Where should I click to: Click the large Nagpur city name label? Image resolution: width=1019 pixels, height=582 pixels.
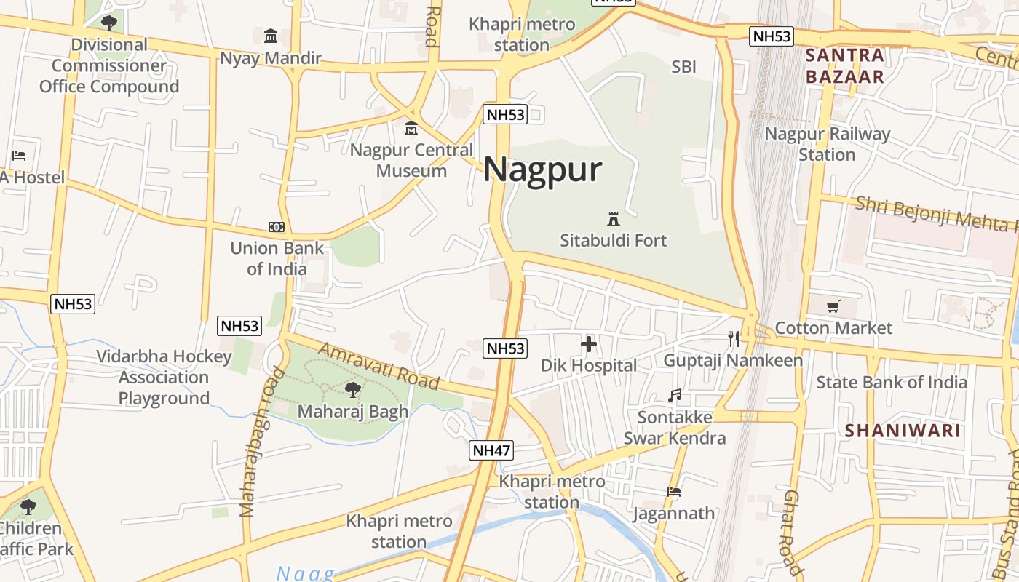[x=542, y=170]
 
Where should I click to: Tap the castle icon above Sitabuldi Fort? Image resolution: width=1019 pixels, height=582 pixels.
[x=613, y=218]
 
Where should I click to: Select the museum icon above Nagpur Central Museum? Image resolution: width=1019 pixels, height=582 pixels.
[x=411, y=129]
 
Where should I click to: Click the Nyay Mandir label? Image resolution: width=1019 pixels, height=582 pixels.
[x=271, y=58]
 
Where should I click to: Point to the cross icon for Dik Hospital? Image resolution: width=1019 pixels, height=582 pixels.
[x=589, y=344]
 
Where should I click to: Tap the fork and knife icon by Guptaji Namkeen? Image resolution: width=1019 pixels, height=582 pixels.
[x=734, y=339]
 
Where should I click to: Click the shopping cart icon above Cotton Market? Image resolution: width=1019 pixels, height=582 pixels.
[x=833, y=307]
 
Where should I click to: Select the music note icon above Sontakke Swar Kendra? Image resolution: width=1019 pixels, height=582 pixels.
[x=675, y=396]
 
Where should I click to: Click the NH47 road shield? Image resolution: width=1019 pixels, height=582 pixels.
[x=491, y=450]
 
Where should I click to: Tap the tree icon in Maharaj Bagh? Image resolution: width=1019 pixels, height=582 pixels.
[x=353, y=390]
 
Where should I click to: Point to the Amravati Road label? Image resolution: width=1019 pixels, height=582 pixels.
[x=379, y=366]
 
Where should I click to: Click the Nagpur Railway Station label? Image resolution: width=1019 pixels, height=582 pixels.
[x=827, y=144]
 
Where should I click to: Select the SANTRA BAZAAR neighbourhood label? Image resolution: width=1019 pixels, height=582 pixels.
[x=845, y=65]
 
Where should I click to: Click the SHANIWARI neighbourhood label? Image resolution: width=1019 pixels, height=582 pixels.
[x=903, y=430]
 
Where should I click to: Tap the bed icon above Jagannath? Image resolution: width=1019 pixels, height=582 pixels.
[x=674, y=492]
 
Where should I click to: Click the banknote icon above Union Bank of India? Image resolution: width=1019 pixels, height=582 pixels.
[x=277, y=227]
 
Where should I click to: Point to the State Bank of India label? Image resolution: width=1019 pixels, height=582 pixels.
[x=892, y=382]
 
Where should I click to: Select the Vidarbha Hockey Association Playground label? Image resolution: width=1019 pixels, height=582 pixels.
[x=164, y=377]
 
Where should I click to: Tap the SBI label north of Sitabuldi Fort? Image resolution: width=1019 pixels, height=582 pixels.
[x=683, y=67]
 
